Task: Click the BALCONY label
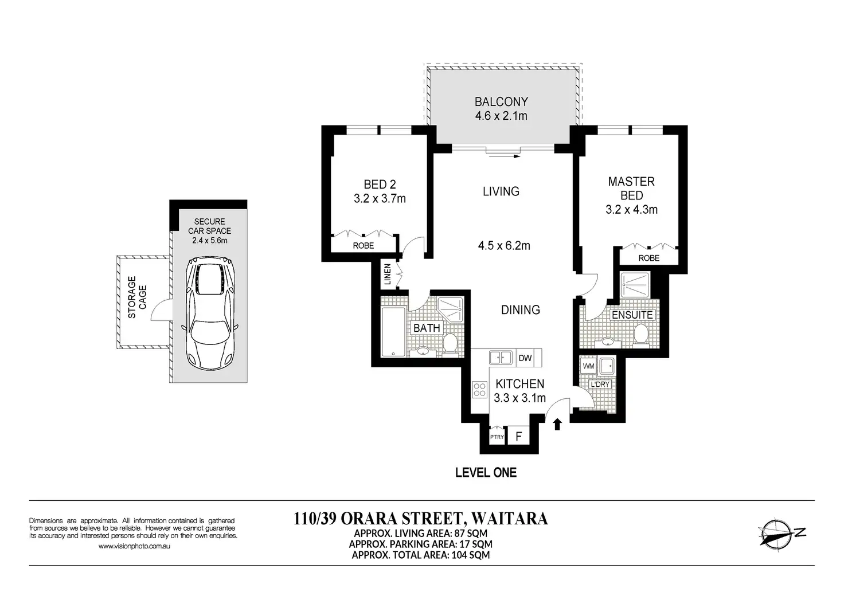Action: [501, 101]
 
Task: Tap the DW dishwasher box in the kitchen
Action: [525, 358]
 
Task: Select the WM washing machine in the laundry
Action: [588, 366]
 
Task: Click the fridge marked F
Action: [519, 436]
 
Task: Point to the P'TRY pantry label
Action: [497, 437]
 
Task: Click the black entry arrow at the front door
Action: [557, 424]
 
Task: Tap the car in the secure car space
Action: [210, 313]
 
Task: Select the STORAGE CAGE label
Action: [137, 297]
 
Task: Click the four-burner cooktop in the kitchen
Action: [480, 390]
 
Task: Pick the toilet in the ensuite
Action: [640, 334]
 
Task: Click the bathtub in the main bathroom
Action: [393, 332]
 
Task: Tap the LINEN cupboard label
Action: [388, 274]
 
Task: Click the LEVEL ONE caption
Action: [486, 473]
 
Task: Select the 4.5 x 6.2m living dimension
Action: [504, 245]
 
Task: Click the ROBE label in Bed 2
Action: [363, 245]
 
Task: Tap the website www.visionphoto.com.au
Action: [134, 546]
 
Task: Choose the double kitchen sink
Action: [501, 358]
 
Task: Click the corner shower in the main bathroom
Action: [450, 309]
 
